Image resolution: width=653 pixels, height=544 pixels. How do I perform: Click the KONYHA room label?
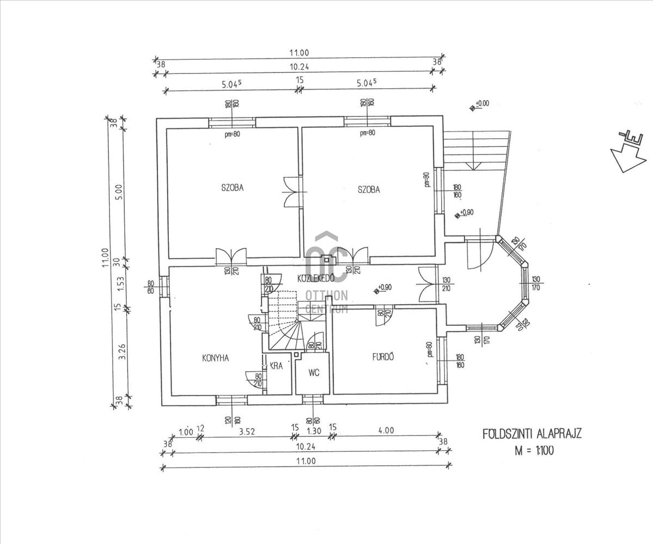pyautogui.click(x=215, y=358)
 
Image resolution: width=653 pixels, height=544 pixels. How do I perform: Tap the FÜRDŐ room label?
pyautogui.click(x=383, y=357)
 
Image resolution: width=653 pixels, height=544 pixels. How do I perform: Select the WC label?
pyautogui.click(x=313, y=373)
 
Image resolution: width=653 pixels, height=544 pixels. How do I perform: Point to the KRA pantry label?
pyautogui.click(x=276, y=366)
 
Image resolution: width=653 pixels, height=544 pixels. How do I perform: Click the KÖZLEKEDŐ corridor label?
pyautogui.click(x=315, y=278)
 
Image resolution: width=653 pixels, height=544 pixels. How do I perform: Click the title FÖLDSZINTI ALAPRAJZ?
pyautogui.click(x=532, y=434)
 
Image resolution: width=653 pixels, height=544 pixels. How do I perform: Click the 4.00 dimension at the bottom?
pyautogui.click(x=386, y=430)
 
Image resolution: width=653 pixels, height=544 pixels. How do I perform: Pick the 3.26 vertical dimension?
pyautogui.click(x=122, y=354)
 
